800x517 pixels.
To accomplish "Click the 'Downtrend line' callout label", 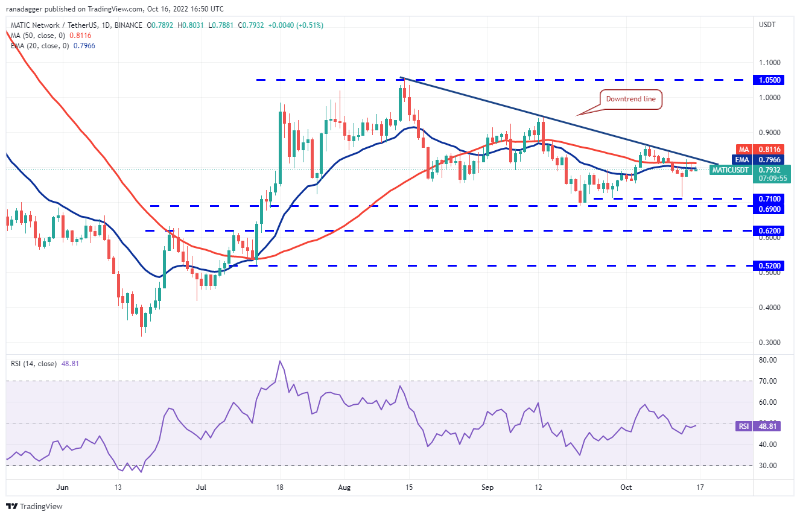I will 630,100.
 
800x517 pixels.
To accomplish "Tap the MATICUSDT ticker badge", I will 730,170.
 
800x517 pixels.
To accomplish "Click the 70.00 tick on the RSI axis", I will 767,381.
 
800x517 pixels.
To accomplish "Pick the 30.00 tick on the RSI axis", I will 767,466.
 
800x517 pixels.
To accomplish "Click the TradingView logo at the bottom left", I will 35,506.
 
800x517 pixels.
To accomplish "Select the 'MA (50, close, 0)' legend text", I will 38,36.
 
